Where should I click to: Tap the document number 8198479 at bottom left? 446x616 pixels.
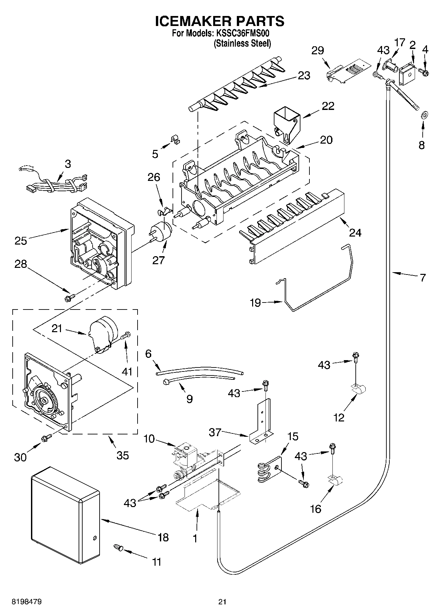(x=27, y=602)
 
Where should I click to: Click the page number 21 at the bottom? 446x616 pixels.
(x=223, y=602)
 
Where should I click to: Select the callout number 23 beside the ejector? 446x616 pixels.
(x=304, y=76)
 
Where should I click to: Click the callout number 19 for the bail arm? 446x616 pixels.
(x=255, y=303)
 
